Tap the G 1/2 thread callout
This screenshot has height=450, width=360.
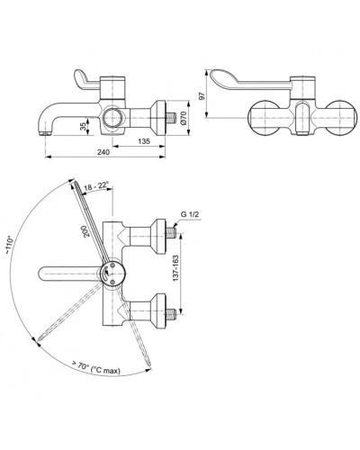[x=190, y=214]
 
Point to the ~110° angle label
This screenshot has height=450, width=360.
[x=11, y=247]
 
